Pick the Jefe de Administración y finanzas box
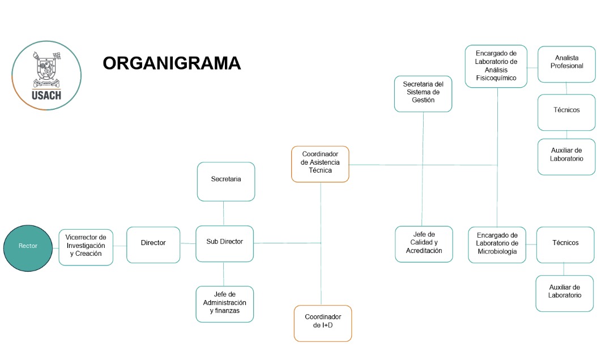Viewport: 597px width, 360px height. (x=224, y=304)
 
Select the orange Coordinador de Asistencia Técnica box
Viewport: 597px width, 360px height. (x=320, y=164)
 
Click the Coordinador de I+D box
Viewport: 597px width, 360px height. (x=322, y=323)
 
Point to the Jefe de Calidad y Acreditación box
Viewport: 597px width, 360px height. (x=424, y=244)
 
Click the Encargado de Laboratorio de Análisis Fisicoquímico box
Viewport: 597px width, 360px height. (x=496, y=66)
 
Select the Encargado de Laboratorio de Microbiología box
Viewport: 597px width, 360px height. (x=497, y=245)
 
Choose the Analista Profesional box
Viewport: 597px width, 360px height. (x=566, y=63)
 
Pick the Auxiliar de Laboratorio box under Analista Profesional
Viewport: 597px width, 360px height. (x=566, y=156)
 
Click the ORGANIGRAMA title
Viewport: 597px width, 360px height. (x=172, y=63)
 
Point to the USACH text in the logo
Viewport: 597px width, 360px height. (x=46, y=95)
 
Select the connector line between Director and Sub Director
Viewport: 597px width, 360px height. (x=188, y=243)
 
